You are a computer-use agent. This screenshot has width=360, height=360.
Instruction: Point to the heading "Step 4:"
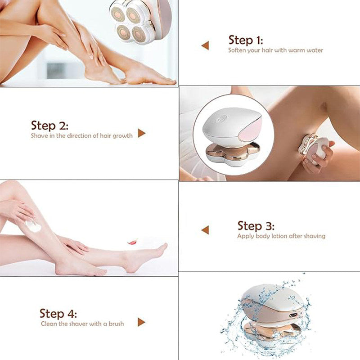point(58,313)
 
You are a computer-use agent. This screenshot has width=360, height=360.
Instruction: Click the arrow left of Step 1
point(205,45)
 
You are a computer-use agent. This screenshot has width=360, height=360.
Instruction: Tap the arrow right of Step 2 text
point(141,133)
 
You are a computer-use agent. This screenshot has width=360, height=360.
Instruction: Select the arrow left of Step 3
point(205,230)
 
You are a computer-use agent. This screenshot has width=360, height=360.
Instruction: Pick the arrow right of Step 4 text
point(141,322)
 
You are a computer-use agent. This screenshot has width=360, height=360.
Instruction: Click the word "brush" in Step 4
point(116,324)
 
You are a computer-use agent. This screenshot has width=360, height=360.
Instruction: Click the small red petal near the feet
point(132,242)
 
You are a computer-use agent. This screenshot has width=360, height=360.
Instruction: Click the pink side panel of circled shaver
point(253,130)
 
